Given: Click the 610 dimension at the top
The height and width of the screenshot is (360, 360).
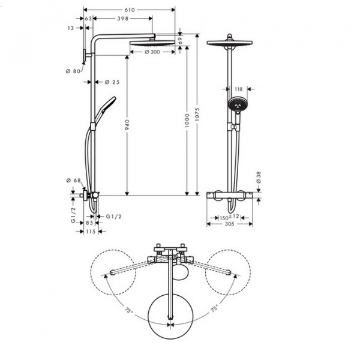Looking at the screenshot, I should click(x=130, y=10).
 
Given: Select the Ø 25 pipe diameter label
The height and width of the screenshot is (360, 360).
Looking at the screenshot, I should click(x=112, y=82).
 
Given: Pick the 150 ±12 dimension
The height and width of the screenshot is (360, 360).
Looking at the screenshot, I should click(x=229, y=216).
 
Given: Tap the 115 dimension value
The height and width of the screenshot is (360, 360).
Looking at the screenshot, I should click(x=91, y=232).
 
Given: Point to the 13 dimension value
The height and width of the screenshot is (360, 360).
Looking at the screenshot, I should click(x=71, y=28).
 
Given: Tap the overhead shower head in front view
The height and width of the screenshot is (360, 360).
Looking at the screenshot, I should click(x=229, y=44).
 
